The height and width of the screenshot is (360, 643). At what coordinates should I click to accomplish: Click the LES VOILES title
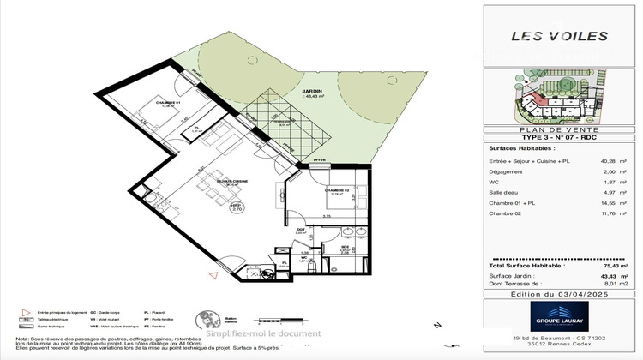[x=559, y=36]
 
